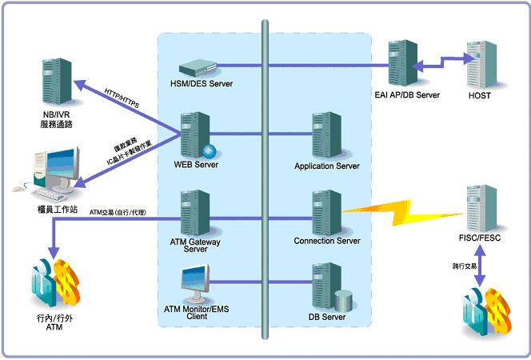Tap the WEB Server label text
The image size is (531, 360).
click(195, 164)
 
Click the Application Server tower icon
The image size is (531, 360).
click(325, 135)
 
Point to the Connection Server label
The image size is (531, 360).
click(326, 240)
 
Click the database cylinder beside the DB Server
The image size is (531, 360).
click(344, 300)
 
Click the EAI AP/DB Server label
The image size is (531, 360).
click(406, 95)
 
